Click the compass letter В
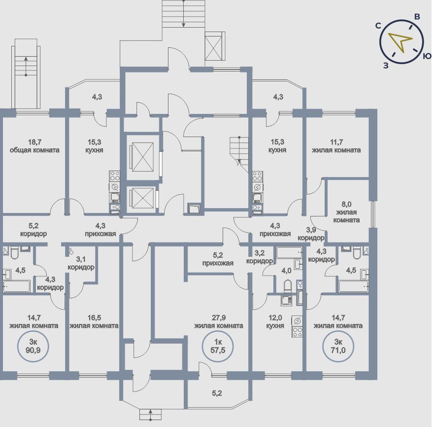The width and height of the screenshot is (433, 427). [x=417, y=17]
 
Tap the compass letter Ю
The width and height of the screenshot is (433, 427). [x=427, y=56]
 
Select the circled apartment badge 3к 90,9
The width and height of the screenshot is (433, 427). [x=33, y=348]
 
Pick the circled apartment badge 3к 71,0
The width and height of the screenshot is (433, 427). [x=338, y=348]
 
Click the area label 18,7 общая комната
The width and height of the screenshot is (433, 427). [x=34, y=146]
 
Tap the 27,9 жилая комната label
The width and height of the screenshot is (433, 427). [x=218, y=321]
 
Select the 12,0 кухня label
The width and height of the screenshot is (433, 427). [x=275, y=321]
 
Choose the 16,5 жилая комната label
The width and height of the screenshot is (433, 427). [x=94, y=321]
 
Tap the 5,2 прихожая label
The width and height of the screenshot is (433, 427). [x=217, y=259]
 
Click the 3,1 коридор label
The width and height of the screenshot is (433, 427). [x=81, y=263]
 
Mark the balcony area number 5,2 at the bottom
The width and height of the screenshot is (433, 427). [x=217, y=393]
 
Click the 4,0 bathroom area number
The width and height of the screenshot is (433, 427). [x=286, y=270]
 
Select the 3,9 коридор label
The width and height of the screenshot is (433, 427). [x=311, y=233]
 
